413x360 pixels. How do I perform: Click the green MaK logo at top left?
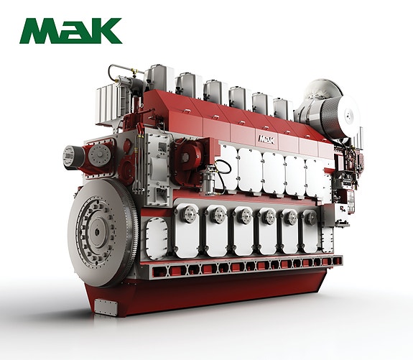point(70,31)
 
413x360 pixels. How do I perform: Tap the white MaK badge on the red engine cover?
point(266,139)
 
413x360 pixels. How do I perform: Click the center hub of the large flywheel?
point(97,232)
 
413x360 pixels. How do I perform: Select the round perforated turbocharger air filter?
point(339,116)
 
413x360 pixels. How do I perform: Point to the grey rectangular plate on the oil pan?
point(106,308)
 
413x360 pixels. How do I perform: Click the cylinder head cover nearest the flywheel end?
point(159,78)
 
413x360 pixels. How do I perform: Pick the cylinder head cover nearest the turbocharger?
point(283,109)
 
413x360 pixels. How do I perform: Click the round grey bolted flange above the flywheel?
point(100,155)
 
